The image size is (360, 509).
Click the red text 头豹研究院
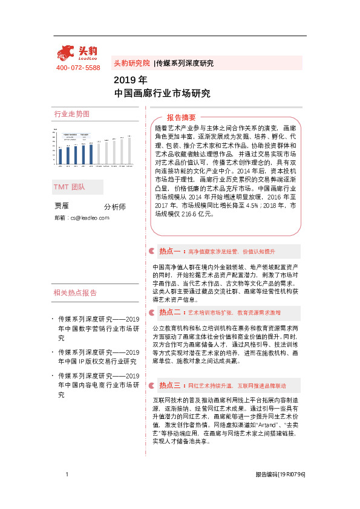(131, 63)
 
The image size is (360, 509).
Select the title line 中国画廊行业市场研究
(162, 93)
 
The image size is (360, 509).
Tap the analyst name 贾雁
(62, 206)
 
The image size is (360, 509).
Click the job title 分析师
(114, 207)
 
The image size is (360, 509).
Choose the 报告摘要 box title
(181, 117)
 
